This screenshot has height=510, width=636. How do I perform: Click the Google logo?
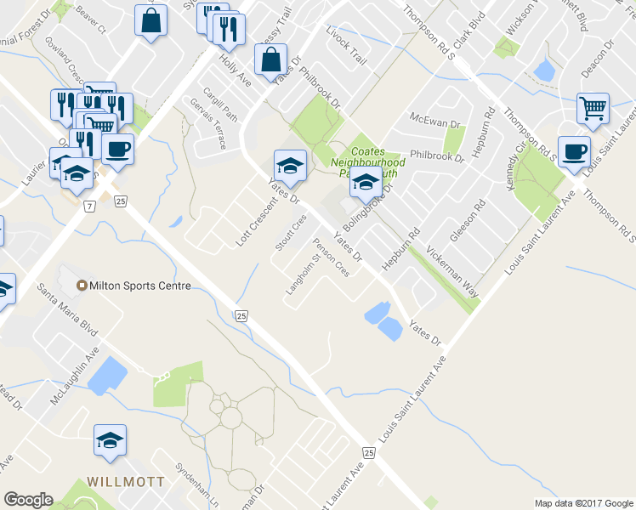click(x=28, y=500)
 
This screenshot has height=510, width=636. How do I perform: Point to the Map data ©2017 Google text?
click(x=583, y=503)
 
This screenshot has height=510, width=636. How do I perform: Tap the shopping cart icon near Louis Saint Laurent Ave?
click(x=593, y=107)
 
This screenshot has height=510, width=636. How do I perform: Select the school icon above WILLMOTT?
click(x=110, y=439)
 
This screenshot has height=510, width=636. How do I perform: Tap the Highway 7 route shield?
click(x=88, y=206)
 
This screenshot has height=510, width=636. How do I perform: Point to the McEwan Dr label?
click(x=434, y=117)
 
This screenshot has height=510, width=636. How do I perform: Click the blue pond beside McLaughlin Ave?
click(x=105, y=375)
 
